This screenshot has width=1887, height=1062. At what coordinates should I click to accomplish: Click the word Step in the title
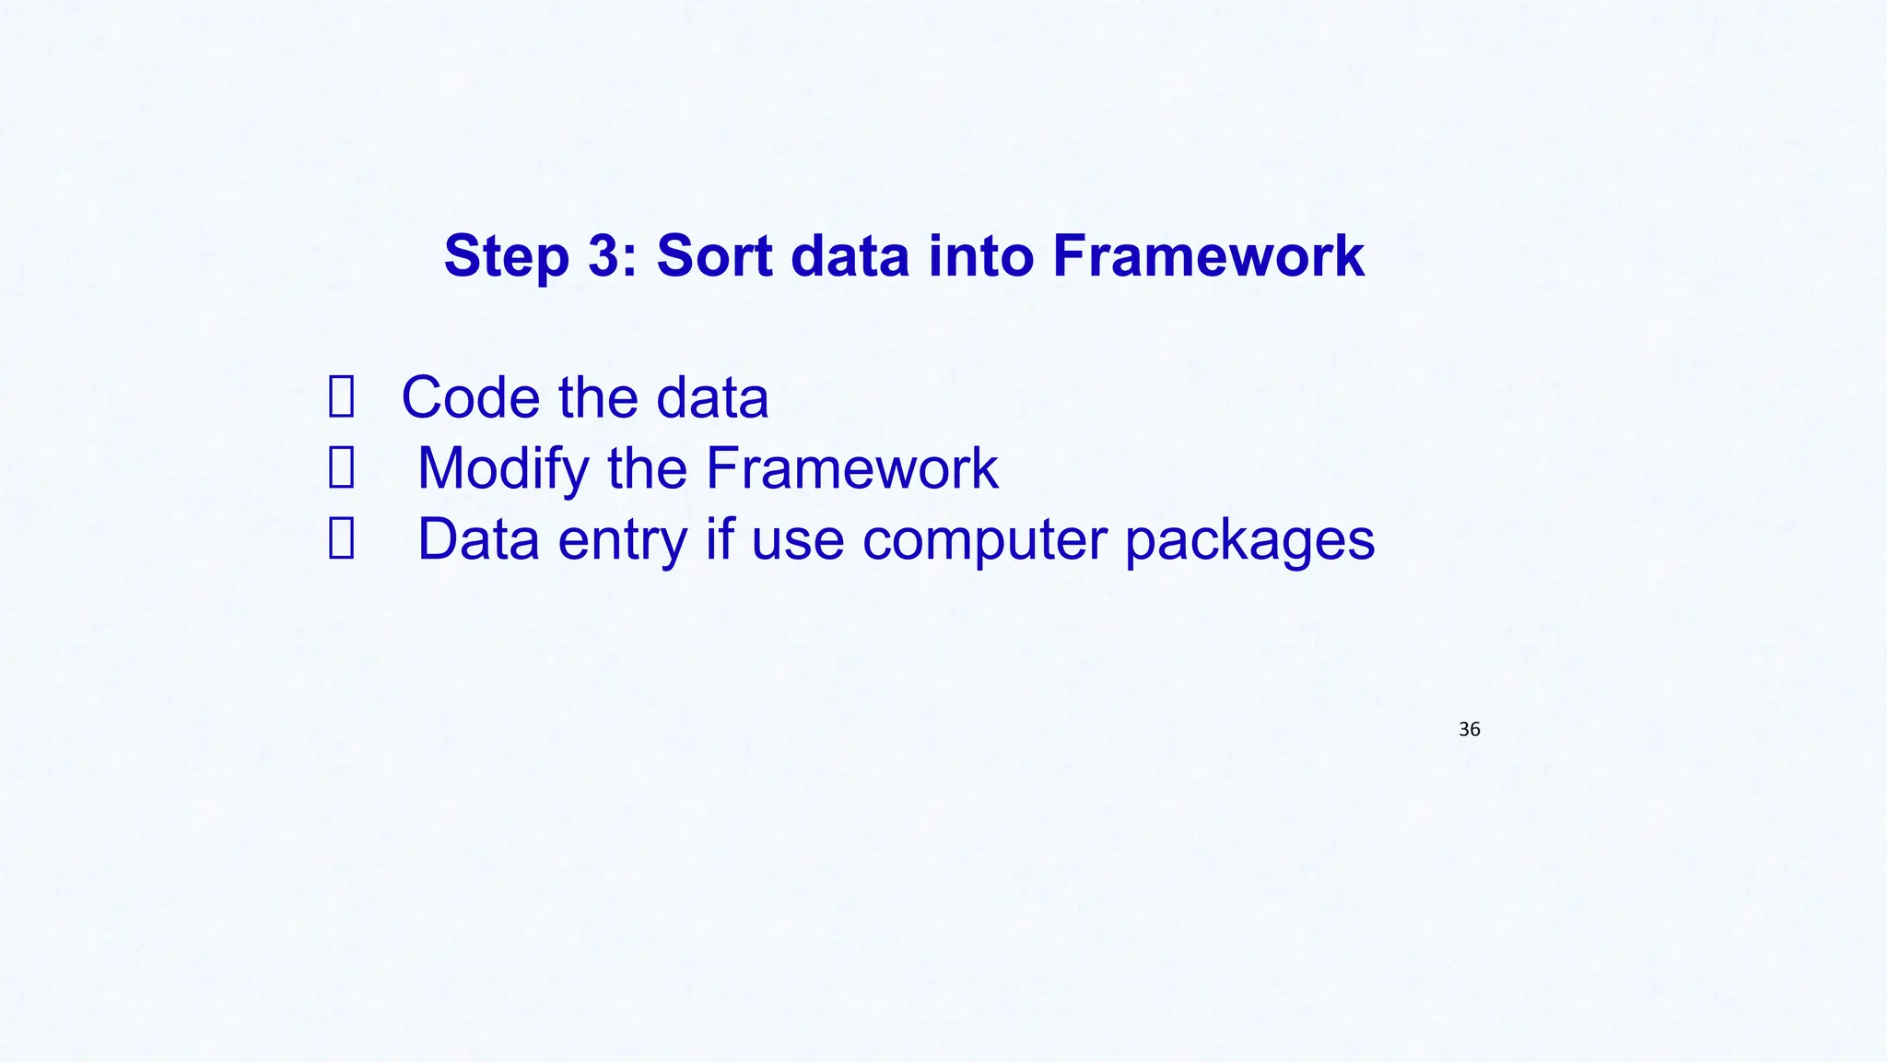pos(506,256)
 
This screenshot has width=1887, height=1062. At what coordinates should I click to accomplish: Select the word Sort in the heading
pos(714,255)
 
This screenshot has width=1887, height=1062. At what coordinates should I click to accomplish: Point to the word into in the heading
pos(981,255)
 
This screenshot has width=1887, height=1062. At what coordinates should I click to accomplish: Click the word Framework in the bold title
pos(1208,255)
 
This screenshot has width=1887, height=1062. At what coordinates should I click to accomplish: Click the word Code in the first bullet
pos(469,397)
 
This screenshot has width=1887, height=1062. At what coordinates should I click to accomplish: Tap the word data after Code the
pos(711,397)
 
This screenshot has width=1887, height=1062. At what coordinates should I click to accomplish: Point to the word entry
pos(622,539)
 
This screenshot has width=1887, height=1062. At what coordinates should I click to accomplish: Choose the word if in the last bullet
pos(720,539)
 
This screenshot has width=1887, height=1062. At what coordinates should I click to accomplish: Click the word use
pos(797,539)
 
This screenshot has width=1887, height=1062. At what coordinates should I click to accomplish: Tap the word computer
pos(983,539)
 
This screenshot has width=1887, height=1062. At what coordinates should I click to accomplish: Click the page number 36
pos(1470,729)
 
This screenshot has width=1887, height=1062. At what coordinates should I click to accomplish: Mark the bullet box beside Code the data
pos(341,397)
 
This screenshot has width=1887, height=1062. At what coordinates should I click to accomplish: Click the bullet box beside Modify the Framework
pos(341,468)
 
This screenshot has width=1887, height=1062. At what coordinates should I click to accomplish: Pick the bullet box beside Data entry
pos(341,539)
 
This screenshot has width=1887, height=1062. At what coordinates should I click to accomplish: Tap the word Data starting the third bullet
pos(478,539)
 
